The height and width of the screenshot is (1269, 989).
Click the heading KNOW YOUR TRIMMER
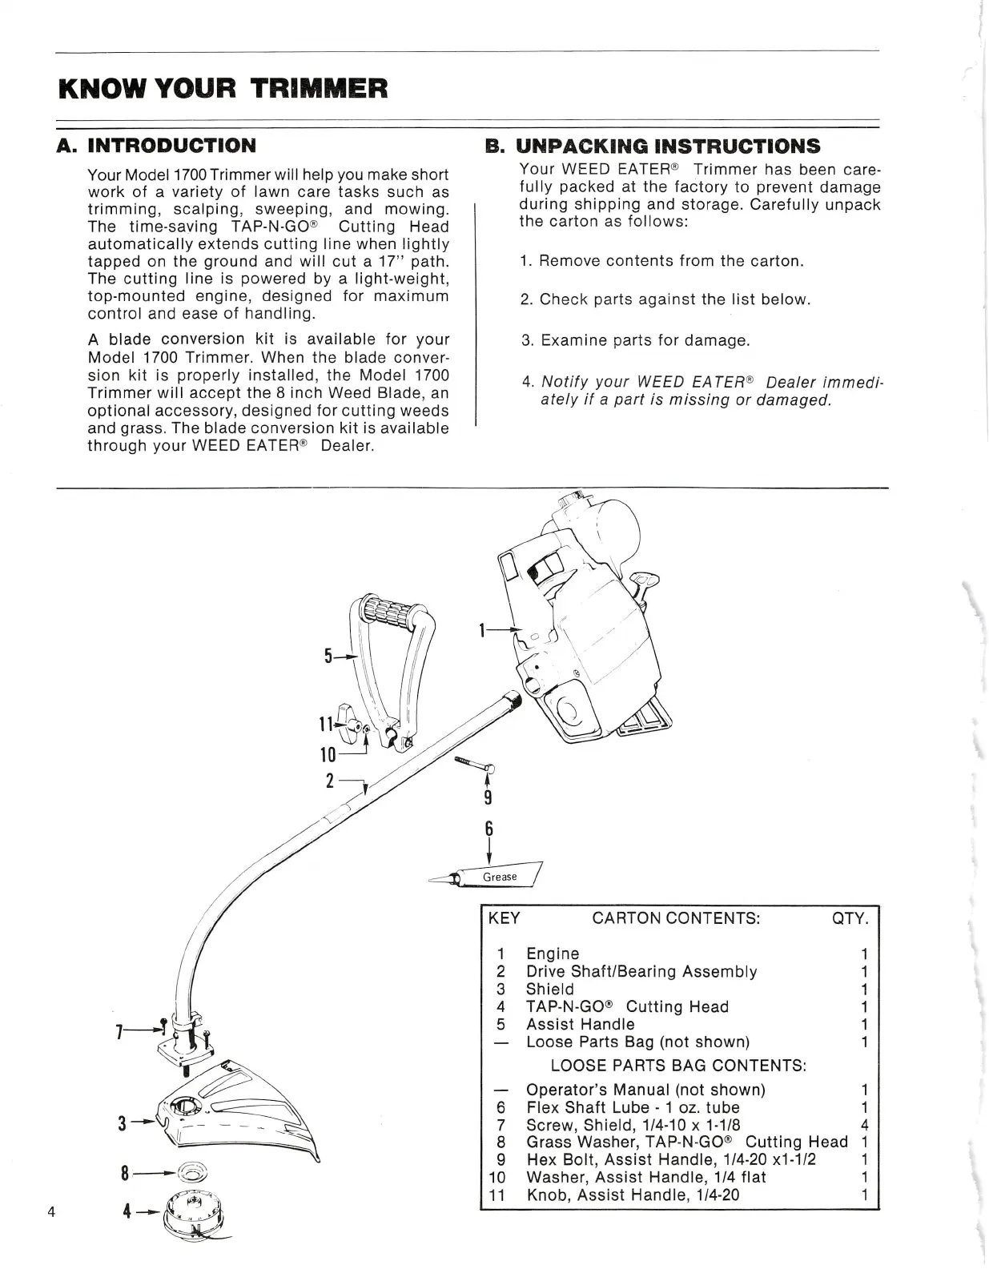(x=223, y=87)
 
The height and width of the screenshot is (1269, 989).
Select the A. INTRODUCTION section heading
(x=157, y=146)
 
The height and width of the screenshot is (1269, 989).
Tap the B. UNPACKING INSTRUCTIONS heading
(x=653, y=147)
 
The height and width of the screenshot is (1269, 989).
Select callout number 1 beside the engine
(x=483, y=630)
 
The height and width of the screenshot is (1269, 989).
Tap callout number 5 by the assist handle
(x=328, y=657)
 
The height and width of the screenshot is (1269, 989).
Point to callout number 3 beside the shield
(x=123, y=1123)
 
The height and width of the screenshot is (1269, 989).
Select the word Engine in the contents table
(x=552, y=954)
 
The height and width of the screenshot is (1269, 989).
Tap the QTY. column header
(x=850, y=918)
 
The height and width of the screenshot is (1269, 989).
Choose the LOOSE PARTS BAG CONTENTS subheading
(x=677, y=1066)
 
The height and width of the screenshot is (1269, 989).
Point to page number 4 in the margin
(x=51, y=1211)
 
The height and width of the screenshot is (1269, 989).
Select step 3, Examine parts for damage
(x=636, y=340)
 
